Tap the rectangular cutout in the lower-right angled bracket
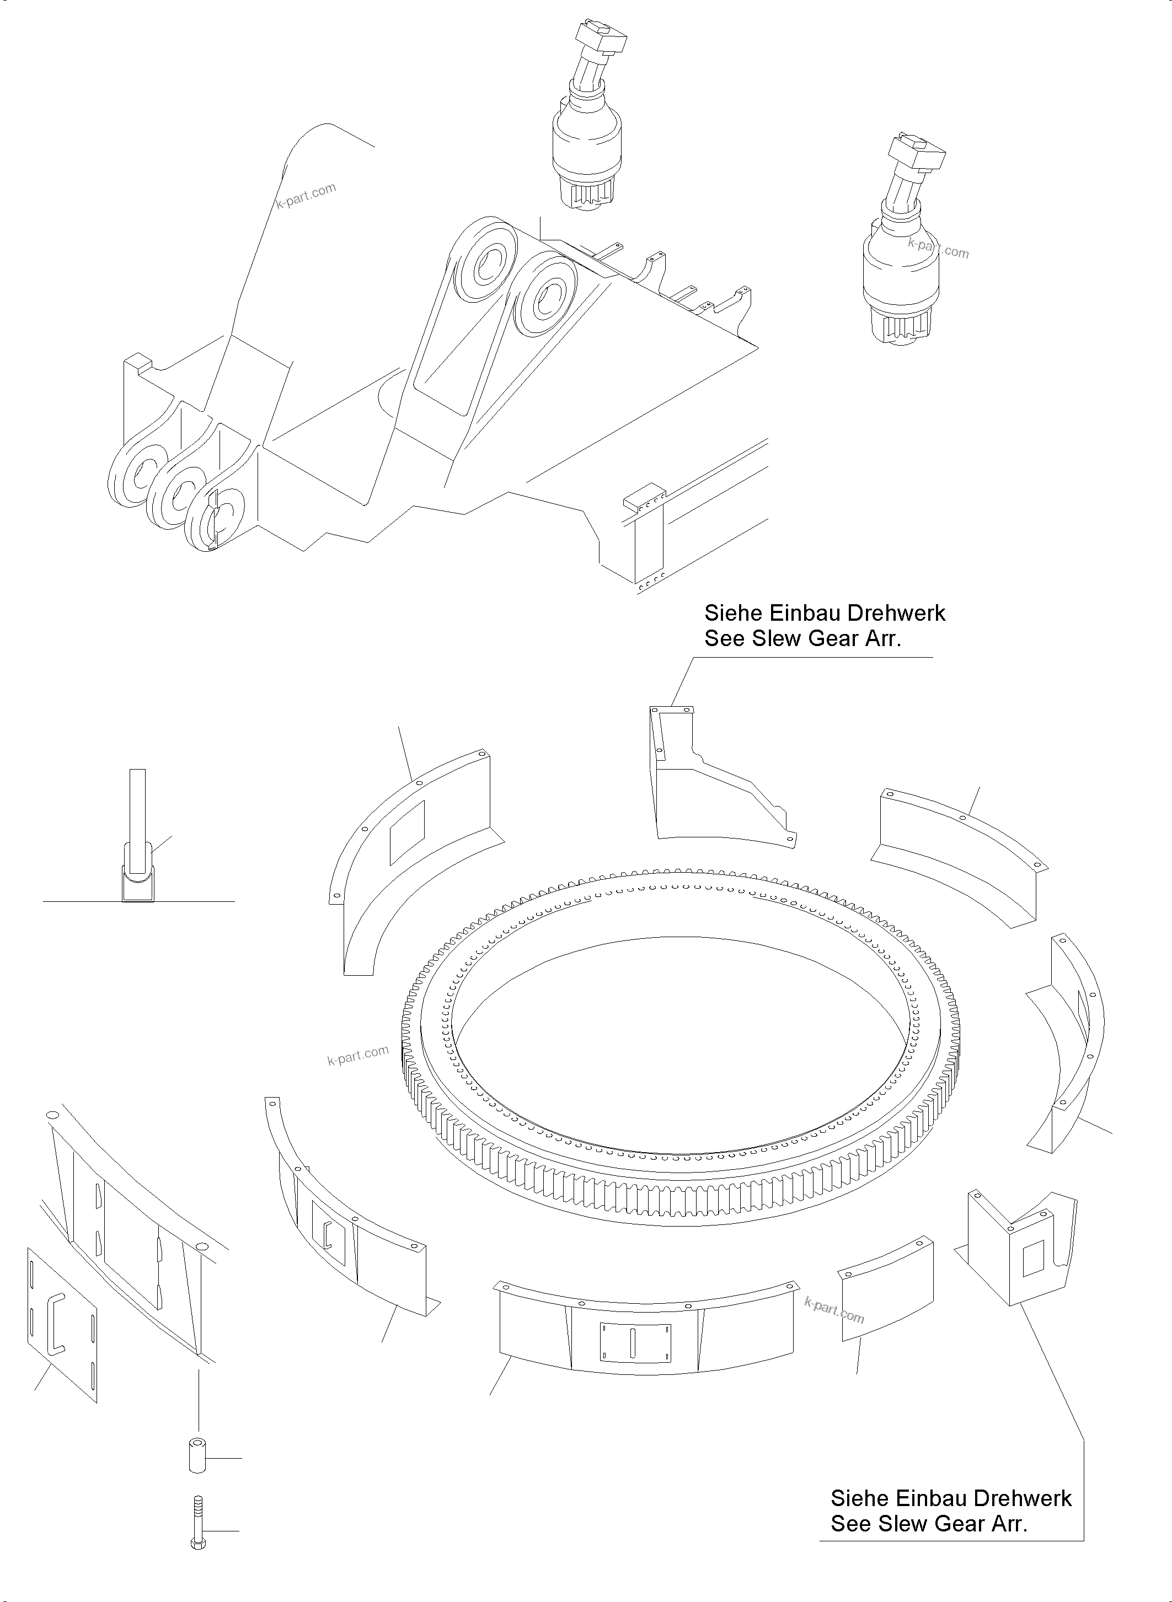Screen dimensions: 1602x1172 coord(1034,1259)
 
